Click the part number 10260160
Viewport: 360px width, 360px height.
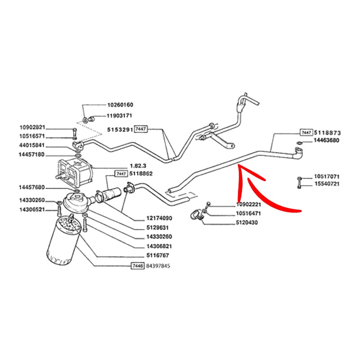pos(120,105)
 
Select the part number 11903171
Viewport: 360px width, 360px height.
pos(120,116)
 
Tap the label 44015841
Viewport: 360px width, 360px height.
pos(32,146)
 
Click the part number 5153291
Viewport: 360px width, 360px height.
pos(119,130)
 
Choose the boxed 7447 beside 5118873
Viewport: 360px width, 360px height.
pos(306,133)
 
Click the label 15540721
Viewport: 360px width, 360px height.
pos(327,184)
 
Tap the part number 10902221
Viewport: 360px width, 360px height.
pos(249,205)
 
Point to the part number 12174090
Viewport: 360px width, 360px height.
pos(159,218)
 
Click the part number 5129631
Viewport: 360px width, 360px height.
pos(157,228)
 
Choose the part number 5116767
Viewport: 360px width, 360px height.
pos(157,256)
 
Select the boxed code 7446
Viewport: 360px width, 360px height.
pos(137,265)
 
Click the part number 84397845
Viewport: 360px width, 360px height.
pos(159,265)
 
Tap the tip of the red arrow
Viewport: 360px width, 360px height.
pos(239,167)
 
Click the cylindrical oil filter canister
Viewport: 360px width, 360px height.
pos(62,241)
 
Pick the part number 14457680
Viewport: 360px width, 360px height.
pos(32,187)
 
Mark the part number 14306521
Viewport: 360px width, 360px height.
pos(32,210)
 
